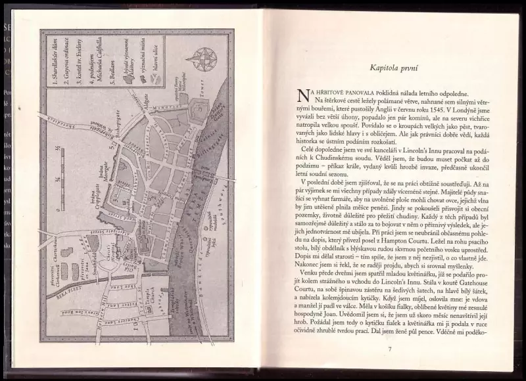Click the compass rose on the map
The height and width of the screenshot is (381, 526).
pyautogui.click(x=203, y=59)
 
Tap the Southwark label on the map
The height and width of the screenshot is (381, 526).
pyautogui.click(x=216, y=210)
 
